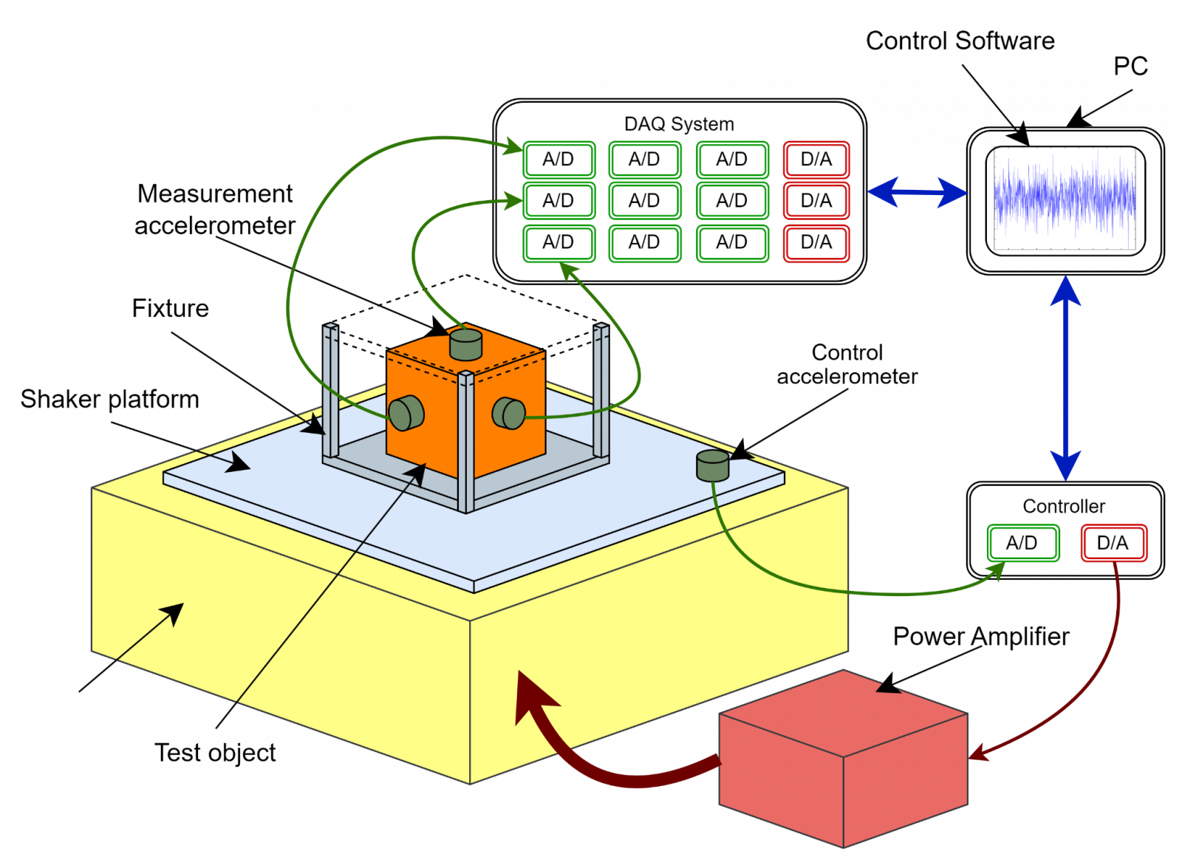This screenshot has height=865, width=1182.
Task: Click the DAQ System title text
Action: coord(678,124)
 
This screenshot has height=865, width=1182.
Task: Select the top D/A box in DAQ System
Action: coord(816,160)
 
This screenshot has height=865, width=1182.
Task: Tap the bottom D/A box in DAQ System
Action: coord(816,242)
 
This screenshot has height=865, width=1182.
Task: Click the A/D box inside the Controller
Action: coord(1022,543)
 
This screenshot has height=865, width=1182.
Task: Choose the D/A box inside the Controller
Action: coord(1113,543)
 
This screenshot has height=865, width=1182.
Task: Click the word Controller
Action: coord(1064,507)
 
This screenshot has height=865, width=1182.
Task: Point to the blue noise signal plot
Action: coord(1065,199)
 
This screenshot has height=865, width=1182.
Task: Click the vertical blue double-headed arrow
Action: coord(1065,377)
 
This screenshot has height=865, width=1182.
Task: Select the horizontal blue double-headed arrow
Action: coord(918,193)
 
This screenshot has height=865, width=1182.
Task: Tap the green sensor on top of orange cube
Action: coord(465,344)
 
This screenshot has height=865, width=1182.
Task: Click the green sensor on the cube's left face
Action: coord(406,413)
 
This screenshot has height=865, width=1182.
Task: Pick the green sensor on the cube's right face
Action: coord(509,413)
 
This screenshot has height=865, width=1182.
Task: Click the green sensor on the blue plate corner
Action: coord(713,465)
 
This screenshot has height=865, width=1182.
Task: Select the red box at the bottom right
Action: coord(842,761)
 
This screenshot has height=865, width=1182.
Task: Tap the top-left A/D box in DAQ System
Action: coord(558,160)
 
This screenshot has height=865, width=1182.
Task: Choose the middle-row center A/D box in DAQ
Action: coord(644,201)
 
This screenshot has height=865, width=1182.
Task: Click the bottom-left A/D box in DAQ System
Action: coord(558,242)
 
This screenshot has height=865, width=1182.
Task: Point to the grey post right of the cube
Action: coord(601,392)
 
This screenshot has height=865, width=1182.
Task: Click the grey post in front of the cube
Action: coord(465,443)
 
